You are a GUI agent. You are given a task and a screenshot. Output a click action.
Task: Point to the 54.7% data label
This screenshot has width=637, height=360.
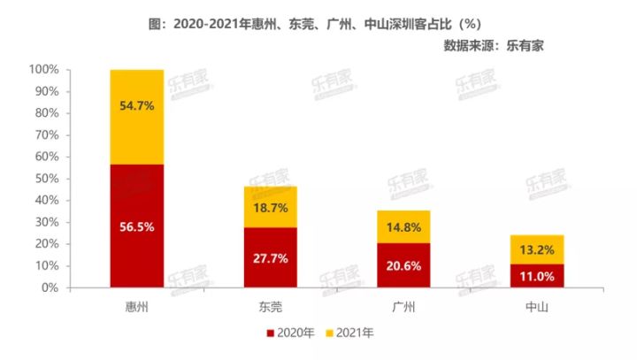point(136,105)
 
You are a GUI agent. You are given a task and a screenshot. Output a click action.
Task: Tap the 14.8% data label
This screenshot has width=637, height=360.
point(403,227)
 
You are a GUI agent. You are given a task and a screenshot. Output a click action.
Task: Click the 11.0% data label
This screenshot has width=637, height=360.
point(537,276)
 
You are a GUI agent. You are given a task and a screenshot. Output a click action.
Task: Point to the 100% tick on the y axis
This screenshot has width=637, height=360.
point(44,69)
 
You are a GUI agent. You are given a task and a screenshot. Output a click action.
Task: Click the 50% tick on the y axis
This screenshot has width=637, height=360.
point(47,179)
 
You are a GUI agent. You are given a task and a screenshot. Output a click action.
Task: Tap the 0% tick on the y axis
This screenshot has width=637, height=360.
point(50,288)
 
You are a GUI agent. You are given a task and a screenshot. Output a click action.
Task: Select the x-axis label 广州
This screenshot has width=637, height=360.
point(403,306)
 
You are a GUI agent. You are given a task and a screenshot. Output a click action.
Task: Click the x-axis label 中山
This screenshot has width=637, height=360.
point(537,306)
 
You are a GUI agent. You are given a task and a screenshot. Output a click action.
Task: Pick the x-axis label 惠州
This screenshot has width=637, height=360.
point(136,306)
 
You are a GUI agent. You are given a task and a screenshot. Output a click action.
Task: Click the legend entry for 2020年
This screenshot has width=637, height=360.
point(290,333)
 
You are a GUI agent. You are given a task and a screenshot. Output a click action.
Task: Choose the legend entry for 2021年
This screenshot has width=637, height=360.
point(351,333)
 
